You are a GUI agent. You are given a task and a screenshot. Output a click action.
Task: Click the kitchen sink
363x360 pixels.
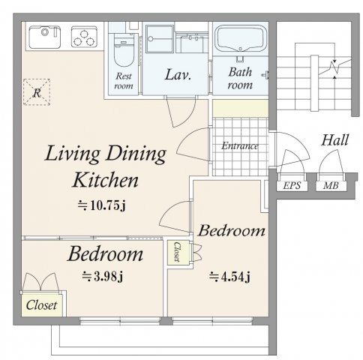point(45,37)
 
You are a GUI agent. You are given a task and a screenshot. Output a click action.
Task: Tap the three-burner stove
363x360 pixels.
point(84,37)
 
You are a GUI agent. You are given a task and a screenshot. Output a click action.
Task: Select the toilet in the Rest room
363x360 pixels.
point(123,52)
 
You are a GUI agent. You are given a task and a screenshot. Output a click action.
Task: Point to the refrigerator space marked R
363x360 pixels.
point(37,92)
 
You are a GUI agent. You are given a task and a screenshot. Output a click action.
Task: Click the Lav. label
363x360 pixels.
point(178,74)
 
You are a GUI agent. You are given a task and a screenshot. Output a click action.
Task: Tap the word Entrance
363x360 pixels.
point(240,145)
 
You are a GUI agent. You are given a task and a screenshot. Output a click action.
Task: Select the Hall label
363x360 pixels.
point(335,140)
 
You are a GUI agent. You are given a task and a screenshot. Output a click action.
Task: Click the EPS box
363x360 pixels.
point(292,186)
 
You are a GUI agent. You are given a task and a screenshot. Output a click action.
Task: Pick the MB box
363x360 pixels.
point(331,186)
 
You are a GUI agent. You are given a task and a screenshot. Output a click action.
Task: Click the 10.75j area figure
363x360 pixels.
point(101,205)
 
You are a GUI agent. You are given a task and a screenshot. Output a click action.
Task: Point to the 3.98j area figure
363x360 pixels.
point(103,277)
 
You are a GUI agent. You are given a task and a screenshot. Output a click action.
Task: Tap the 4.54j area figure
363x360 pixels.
point(230,277)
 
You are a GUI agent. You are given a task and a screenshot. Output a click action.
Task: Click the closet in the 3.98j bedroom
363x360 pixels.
point(41,304)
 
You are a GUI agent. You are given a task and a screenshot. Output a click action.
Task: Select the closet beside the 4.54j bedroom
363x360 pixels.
point(178,253)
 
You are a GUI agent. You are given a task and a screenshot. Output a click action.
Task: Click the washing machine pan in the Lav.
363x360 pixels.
point(160,39)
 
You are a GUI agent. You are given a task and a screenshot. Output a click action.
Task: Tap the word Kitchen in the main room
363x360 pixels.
point(106,180)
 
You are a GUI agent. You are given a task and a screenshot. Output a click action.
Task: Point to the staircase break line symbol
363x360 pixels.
point(334,67)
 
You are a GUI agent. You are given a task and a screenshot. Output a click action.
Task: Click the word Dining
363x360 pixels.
point(136,154)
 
